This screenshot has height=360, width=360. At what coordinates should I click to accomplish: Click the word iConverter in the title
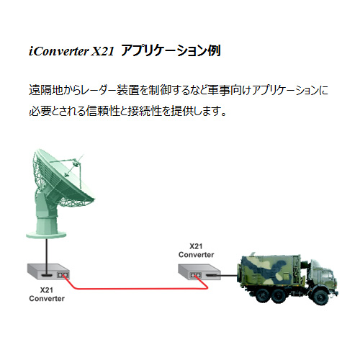click(x=59, y=51)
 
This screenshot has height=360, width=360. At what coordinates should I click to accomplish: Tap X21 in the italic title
click(x=103, y=51)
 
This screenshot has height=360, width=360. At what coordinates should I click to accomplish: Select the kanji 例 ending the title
click(x=215, y=50)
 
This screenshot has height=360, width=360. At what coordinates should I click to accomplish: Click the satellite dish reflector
click(x=64, y=178)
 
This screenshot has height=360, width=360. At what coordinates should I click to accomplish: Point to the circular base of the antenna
click(x=46, y=235)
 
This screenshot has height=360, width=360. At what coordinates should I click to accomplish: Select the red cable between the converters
click(x=135, y=288)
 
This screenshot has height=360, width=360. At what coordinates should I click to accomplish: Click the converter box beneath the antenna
click(x=49, y=271)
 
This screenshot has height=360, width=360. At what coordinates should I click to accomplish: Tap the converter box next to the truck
click(x=199, y=272)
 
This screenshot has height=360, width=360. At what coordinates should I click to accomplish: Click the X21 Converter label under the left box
click(x=47, y=294)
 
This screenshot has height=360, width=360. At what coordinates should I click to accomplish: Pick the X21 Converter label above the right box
click(x=196, y=251)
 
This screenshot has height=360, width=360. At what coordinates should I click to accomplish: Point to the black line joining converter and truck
click(x=229, y=275)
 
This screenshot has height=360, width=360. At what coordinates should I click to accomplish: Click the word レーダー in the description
click(x=99, y=90)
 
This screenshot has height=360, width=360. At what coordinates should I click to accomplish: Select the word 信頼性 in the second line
click(x=103, y=111)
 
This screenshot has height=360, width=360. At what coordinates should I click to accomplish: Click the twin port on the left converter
click(x=63, y=275)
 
